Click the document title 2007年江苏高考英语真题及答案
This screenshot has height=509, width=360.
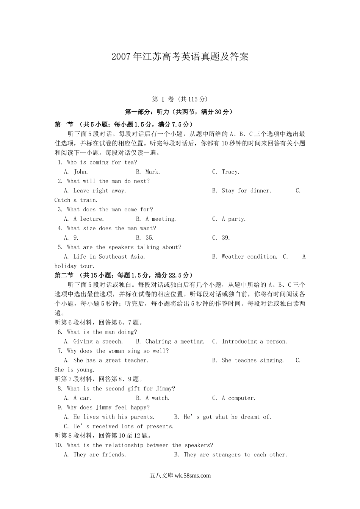pyautogui.click(x=180, y=57)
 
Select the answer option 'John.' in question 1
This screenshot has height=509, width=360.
pyautogui.click(x=81, y=172)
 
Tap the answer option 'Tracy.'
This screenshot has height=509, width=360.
pyautogui.click(x=230, y=172)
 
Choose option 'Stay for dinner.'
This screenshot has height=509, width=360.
pyautogui.click(x=246, y=191)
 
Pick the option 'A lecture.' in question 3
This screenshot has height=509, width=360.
pyautogui.click(x=88, y=219)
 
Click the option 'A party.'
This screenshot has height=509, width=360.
pyautogui.click(x=233, y=219)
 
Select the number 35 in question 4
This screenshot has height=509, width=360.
pyautogui.click(x=149, y=238)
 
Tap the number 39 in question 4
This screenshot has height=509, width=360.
pyautogui.click(x=226, y=238)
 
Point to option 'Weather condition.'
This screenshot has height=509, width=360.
pyautogui.click(x=249, y=257)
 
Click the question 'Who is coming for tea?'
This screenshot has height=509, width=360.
pyautogui.click(x=102, y=162)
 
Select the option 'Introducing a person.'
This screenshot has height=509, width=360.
pyautogui.click(x=254, y=342)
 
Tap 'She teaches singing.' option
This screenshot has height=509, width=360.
pyautogui.click(x=252, y=361)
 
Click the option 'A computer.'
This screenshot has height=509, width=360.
pyautogui.click(x=238, y=398)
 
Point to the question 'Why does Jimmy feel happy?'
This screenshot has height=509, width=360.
pyautogui.click(x=108, y=408)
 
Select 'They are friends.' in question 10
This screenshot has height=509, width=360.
pyautogui.click(x=100, y=455)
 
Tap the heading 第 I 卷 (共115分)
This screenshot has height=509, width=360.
pyautogui.click(x=180, y=100)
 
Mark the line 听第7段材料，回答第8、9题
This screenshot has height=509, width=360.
pyautogui.click(x=99, y=379)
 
